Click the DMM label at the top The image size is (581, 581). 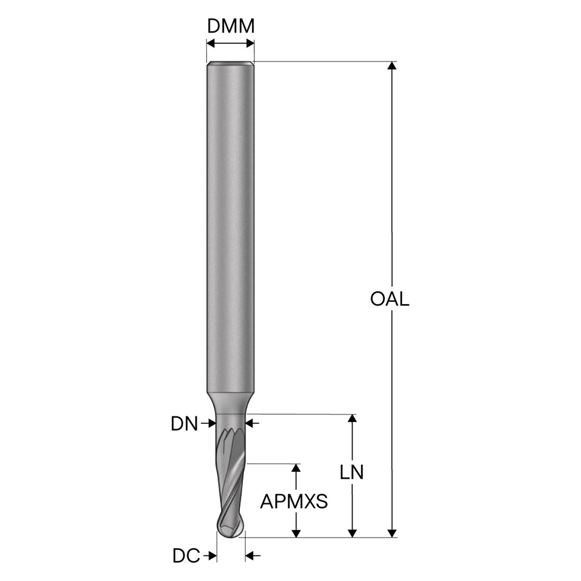pos(231,26)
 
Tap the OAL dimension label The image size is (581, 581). pos(389,300)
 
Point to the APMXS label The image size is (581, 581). pos(294,502)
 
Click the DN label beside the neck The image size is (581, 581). pos(184,423)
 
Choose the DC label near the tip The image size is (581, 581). pos(186,556)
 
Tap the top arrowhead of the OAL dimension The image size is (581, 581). pos(392,66)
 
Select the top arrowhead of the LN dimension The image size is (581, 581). pos(352,419)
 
